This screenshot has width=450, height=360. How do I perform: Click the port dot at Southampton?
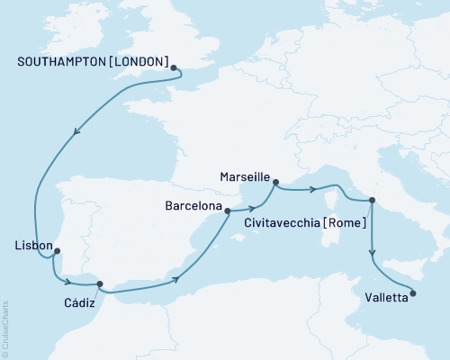tap(174, 67)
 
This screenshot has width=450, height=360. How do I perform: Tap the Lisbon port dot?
tap(58, 251)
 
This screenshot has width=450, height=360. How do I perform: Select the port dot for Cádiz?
tap(101, 283)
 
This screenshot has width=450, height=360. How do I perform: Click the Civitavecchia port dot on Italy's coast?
tap(373, 201)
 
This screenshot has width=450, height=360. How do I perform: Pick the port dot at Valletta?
tap(412, 292)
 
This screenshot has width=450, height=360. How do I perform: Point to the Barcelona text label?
tap(193, 206)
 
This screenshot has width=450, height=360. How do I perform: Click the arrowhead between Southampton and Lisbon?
tap(76, 131)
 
